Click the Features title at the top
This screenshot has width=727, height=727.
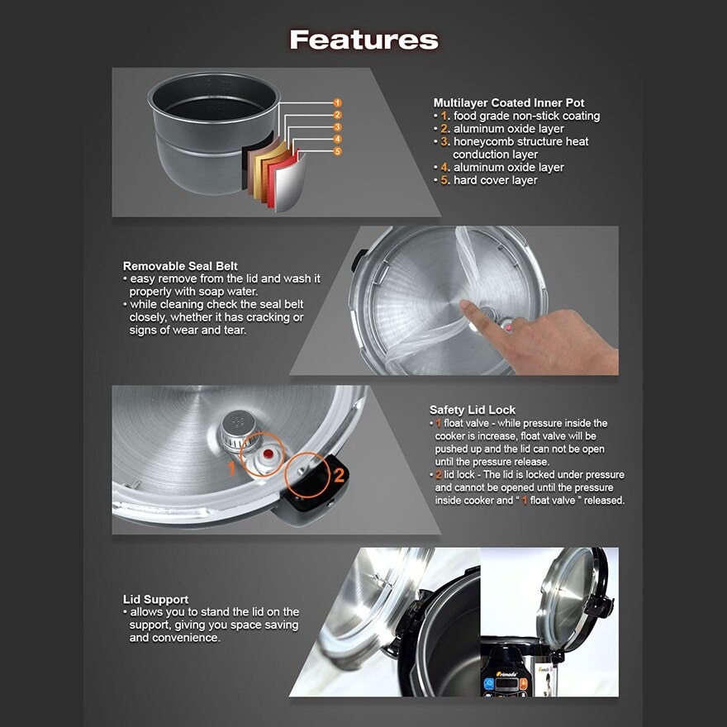coord(363,40)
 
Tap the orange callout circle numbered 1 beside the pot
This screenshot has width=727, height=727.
coord(337,102)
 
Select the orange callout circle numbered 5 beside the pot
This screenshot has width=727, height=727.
coord(337,151)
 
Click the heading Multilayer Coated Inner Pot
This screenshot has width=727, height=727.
coord(509,102)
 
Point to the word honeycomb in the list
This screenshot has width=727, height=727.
coord(487,141)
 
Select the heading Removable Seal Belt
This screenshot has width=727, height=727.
coord(180,266)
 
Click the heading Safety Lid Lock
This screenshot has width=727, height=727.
coord(472,410)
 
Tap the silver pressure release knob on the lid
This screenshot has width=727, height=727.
coord(238,428)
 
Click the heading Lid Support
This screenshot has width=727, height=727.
coord(155,599)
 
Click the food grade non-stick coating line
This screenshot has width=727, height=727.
coord(526,116)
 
